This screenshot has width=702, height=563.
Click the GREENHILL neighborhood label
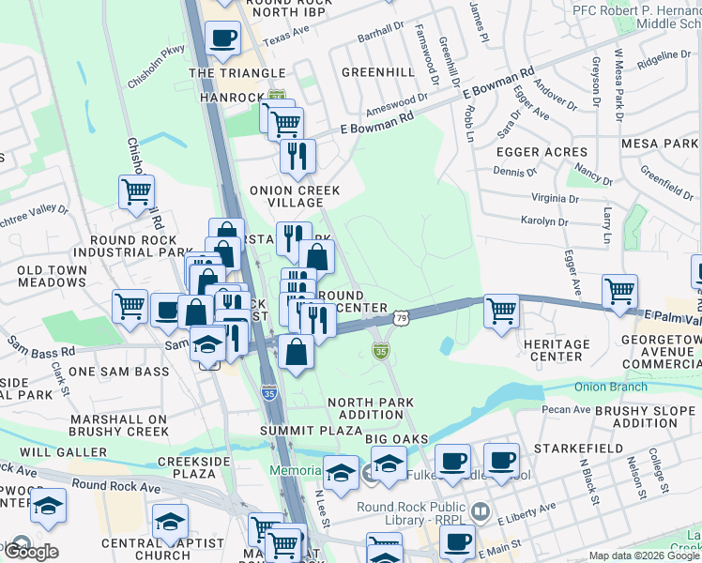coord(378,71)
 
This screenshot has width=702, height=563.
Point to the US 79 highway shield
coord(401,319)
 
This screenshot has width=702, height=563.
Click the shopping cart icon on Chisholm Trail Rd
coord(137,193)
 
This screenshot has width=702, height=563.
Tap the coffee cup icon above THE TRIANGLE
coord(223,38)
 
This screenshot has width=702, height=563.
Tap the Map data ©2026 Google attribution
coord(644,555)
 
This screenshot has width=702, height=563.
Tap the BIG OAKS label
coord(397,439)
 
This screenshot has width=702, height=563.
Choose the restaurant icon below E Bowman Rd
coord(298,157)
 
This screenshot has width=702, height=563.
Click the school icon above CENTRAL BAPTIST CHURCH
coord(171,521)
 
